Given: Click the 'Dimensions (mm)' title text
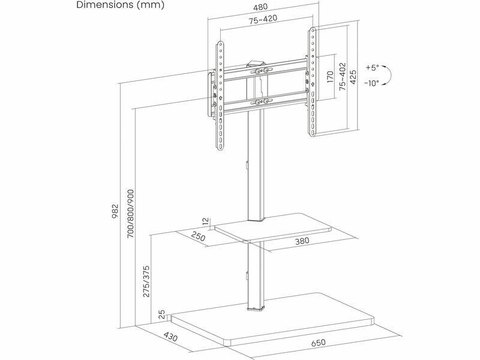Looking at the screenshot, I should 120,5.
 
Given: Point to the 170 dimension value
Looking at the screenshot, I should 330,77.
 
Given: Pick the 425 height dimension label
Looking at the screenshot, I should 353,76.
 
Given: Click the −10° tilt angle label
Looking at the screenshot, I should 371,84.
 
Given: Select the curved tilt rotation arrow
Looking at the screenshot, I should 388,76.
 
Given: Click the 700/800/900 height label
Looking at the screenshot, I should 130,214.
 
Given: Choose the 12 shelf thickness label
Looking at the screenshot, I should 206,222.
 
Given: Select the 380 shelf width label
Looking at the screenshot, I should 302,242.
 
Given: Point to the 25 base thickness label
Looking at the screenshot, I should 161,314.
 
